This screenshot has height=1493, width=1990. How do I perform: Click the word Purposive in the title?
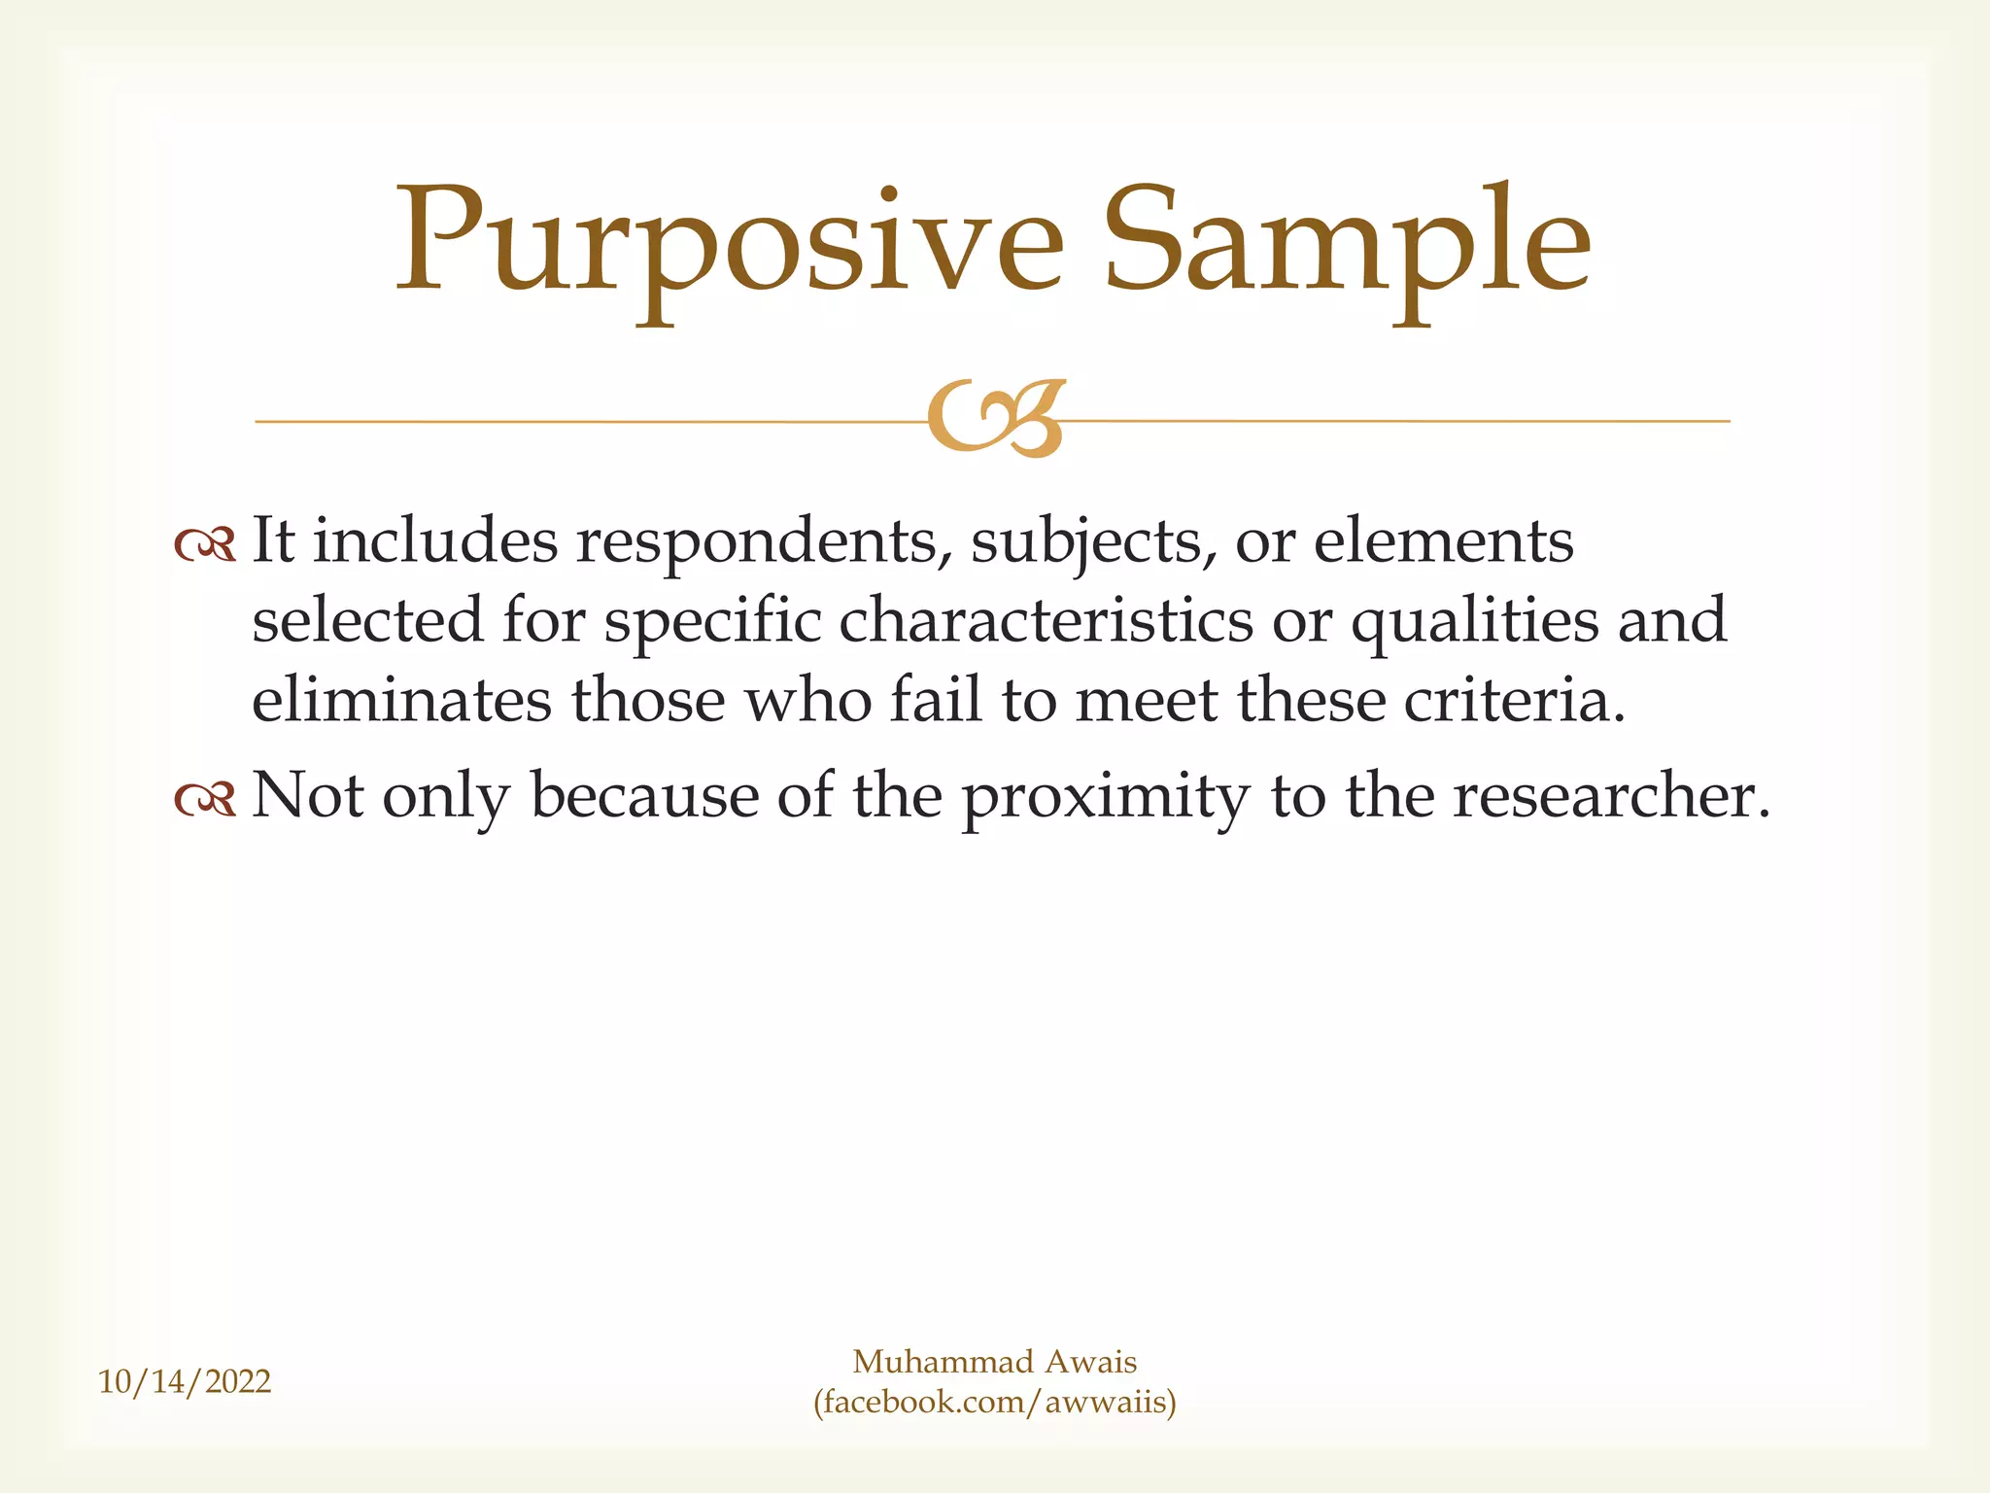[729, 243]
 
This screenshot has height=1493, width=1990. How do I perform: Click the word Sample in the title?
[1347, 243]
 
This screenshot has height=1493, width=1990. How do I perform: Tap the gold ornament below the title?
[996, 418]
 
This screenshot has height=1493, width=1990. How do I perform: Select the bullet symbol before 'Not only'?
[205, 799]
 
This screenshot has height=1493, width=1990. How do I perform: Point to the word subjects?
[1093, 542]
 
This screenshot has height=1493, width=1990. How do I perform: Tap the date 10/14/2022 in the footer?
[185, 1381]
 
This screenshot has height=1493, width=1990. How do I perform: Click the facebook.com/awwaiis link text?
[995, 1403]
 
